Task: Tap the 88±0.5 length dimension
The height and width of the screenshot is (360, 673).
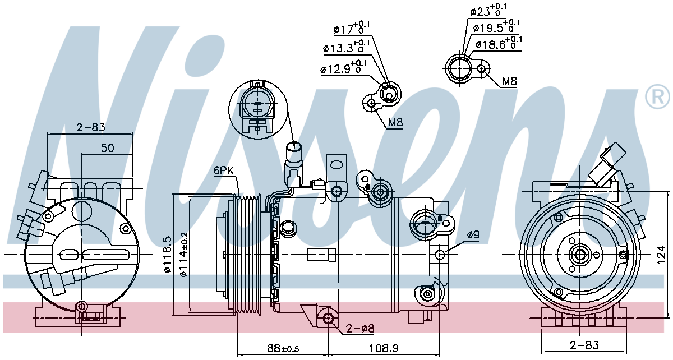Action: [x=283, y=348]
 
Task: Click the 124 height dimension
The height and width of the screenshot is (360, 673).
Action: [x=661, y=256]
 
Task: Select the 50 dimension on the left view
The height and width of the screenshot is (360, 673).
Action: [x=107, y=148]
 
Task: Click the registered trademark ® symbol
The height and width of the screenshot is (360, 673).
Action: [x=657, y=97]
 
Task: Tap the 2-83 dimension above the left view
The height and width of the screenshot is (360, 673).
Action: [x=90, y=127]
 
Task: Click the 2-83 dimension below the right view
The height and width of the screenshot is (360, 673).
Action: [x=584, y=344]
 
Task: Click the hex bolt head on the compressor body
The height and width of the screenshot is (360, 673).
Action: [x=288, y=228]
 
